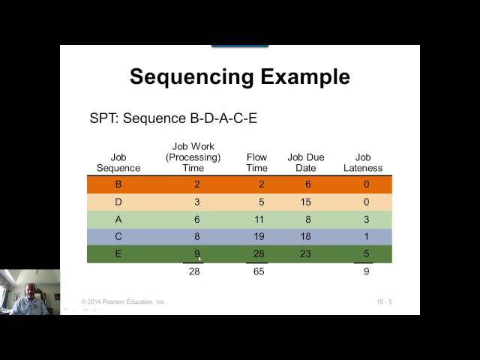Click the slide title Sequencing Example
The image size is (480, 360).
239,76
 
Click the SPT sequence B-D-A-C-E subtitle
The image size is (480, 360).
173,118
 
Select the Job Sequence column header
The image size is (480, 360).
118,163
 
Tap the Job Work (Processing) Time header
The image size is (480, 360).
193,157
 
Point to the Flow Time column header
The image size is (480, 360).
257,163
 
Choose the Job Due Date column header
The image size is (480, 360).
306,163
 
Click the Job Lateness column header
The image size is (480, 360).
363,163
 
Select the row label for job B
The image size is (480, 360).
118,184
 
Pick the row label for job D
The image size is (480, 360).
118,202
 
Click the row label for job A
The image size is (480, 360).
118,220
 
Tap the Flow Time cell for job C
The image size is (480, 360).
256,237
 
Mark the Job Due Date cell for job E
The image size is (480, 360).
306,254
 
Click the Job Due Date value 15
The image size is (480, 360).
306,202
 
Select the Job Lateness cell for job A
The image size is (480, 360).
365,220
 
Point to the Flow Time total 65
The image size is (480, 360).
258,271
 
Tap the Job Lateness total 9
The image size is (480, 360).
365,271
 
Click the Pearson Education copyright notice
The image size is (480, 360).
124,302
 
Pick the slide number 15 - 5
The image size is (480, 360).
384,302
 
